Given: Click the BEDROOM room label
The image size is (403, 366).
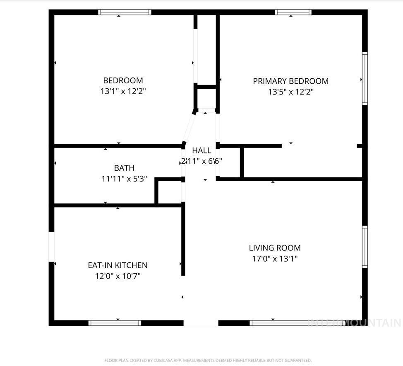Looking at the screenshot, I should pyautogui.click(x=123, y=80).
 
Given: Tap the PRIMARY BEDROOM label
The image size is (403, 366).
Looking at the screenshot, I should pyautogui.click(x=290, y=81).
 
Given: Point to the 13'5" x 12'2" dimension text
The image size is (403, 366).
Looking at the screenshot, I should pyautogui.click(x=290, y=92).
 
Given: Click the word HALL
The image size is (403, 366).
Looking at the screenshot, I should pyautogui.click(x=201, y=150).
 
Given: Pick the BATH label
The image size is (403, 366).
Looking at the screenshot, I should pyautogui.click(x=124, y=168).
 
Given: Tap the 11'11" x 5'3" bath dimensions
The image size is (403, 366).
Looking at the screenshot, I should pyautogui.click(x=124, y=179).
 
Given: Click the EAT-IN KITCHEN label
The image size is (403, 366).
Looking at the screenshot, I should pyautogui.click(x=118, y=265).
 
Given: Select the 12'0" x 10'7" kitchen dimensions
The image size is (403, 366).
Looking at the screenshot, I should pyautogui.click(x=118, y=276).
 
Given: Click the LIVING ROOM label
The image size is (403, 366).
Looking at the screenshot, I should pyautogui.click(x=274, y=248).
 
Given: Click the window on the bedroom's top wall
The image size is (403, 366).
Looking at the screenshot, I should pyautogui.click(x=125, y=12).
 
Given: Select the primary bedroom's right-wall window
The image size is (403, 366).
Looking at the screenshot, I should pyautogui.click(x=365, y=78).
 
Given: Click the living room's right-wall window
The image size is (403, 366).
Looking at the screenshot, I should pyautogui.click(x=365, y=247).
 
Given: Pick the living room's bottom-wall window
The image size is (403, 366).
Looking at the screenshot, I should pyautogui.click(x=285, y=323).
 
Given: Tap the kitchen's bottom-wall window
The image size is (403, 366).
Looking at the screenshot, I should pyautogui.click(x=115, y=323).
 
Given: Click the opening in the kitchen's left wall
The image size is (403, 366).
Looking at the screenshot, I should pyautogui.click(x=52, y=247).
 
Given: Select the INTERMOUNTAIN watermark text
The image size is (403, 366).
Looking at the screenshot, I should pyautogui.click(x=355, y=322).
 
